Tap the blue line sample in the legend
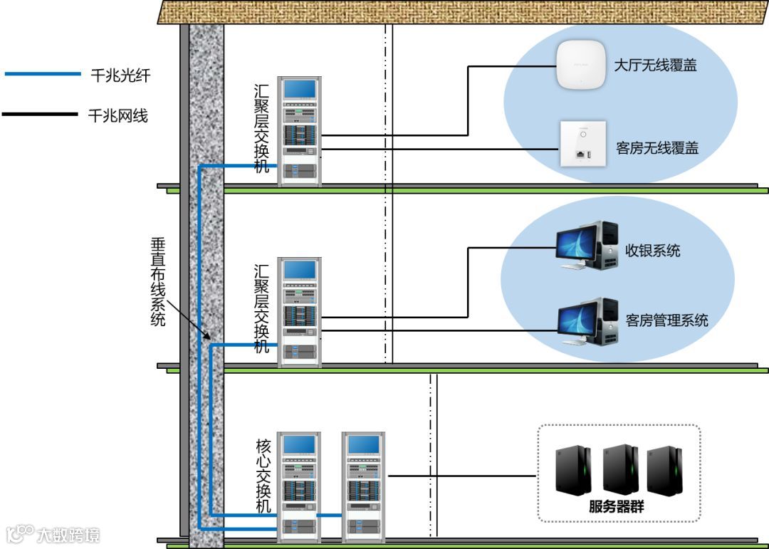click(x=43, y=74)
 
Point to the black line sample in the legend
click(x=40, y=114)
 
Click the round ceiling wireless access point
click(x=580, y=66)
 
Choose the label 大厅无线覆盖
click(x=655, y=66)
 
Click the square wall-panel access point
click(x=582, y=142)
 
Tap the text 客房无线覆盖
click(x=657, y=148)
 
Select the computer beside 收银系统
click(x=587, y=244)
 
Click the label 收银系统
click(x=653, y=251)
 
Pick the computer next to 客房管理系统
click(x=587, y=321)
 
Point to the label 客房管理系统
click(x=667, y=320)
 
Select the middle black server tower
click(x=619, y=470)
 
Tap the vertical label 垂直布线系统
click(x=158, y=282)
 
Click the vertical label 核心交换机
click(x=263, y=476)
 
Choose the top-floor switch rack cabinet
click(x=300, y=131)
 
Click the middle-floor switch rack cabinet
click(x=300, y=312)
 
